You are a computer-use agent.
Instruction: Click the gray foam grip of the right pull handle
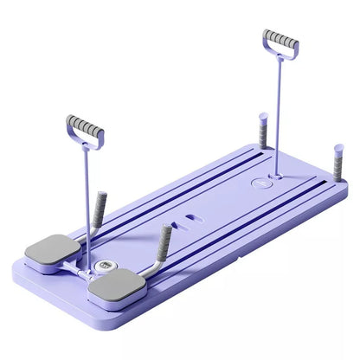(280, 39)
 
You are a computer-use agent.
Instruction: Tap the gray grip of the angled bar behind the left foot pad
(100, 207)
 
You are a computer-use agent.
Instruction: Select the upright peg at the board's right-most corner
(337, 161)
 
